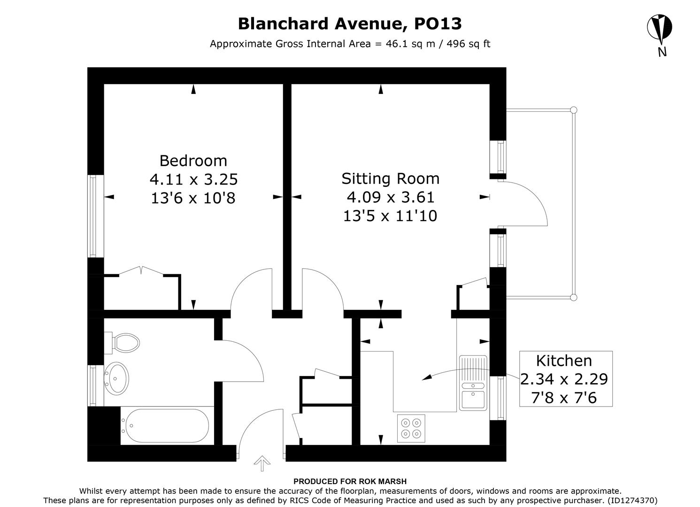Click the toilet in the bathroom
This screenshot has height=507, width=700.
[x=123, y=343]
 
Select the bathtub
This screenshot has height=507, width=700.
[x=165, y=425]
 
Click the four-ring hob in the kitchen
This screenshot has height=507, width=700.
[x=411, y=428]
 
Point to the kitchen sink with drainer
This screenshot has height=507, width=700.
[x=473, y=383]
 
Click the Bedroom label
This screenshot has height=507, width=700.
[x=193, y=161]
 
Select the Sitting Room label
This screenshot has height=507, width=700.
[x=390, y=178]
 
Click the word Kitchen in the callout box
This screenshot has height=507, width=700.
[x=564, y=361]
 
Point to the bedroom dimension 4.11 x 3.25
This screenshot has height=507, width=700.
[x=193, y=179]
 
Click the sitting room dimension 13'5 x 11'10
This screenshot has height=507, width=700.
[x=390, y=216]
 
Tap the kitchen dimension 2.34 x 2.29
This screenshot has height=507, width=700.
[x=564, y=379]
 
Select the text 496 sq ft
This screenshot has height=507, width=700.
[x=468, y=44]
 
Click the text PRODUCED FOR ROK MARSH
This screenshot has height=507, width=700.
[x=350, y=481]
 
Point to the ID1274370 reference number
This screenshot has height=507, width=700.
[x=632, y=500]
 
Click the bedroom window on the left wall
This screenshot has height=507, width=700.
[x=95, y=216]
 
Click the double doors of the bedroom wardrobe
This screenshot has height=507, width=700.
[x=141, y=272]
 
